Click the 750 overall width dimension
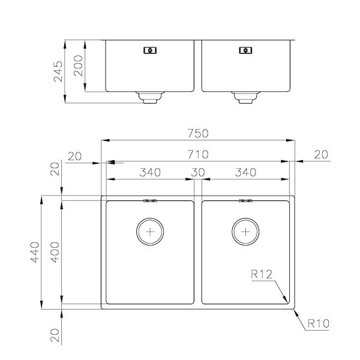tap(198, 133)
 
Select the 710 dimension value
tap(198, 155)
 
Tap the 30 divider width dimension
tap(198, 173)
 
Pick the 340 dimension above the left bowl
tap(149, 173)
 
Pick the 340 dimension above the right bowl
tap(245, 173)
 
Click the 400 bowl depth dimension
tap(55, 253)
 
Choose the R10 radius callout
tap(319, 325)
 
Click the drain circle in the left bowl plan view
tap(150, 230)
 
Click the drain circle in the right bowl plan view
tap(245, 230)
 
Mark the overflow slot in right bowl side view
tap(245, 51)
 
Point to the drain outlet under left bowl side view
tap(149, 98)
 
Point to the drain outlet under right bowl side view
tap(245, 98)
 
